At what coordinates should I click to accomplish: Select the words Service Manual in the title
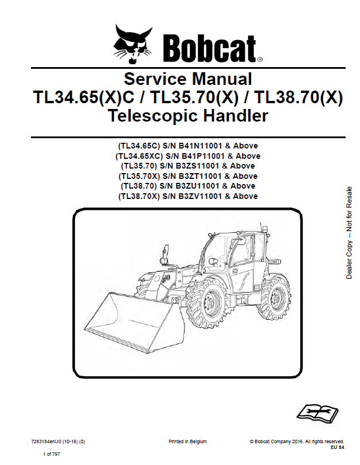(x=187, y=79)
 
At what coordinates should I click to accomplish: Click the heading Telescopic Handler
(x=187, y=116)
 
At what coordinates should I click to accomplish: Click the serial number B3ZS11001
(x=197, y=166)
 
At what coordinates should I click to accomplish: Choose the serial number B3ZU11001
(x=197, y=186)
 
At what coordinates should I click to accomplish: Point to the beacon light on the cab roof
(x=265, y=229)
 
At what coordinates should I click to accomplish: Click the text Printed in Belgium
(x=187, y=441)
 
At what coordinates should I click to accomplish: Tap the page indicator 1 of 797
(x=51, y=454)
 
